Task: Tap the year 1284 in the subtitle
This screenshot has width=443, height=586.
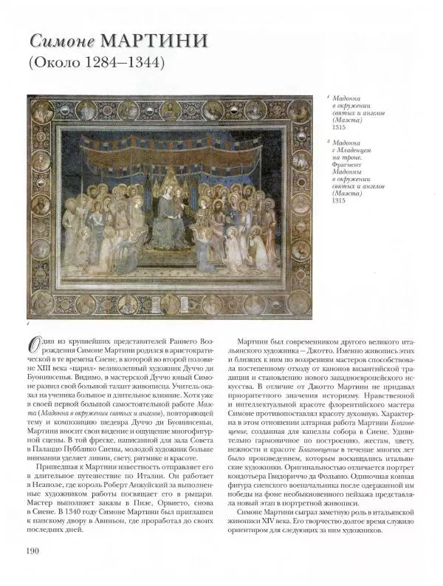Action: click(101, 64)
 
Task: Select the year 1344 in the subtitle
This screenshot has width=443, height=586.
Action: click(142, 64)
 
